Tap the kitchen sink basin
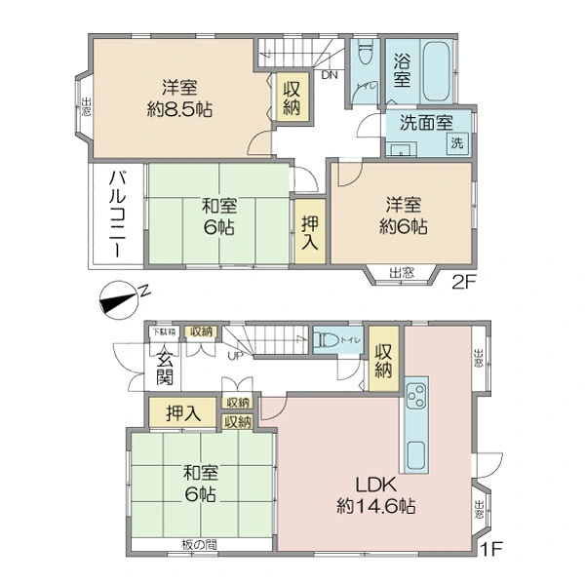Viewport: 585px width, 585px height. click(x=415, y=453)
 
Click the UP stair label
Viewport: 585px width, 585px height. click(x=235, y=355)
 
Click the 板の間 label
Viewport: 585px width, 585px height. click(x=199, y=543)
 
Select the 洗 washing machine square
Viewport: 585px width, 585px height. click(x=457, y=142)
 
